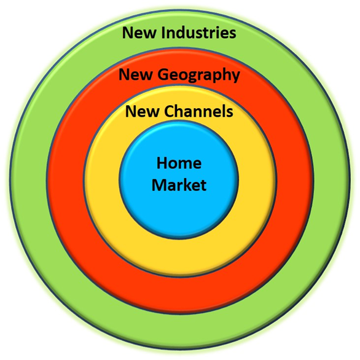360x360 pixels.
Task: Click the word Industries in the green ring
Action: (198, 33)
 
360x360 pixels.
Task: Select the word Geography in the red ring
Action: (199, 76)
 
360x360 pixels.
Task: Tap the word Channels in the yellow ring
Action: (198, 111)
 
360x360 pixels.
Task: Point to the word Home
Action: (179, 163)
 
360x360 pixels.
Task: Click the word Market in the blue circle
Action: (179, 185)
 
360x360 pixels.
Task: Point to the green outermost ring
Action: (179, 331)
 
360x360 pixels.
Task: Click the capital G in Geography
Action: (163, 74)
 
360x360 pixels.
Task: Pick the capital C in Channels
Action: (170, 111)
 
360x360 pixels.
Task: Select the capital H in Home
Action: (162, 163)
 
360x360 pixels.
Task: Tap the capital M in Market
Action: (159, 185)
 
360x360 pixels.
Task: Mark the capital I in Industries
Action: (163, 33)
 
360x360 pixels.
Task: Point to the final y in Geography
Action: (235, 77)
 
